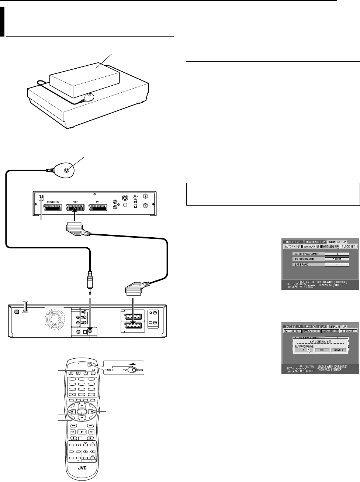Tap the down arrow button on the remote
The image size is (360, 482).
point(82,418)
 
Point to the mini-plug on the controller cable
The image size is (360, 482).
point(90,280)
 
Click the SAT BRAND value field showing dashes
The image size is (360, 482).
point(337,265)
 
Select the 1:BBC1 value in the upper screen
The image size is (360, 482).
point(337,259)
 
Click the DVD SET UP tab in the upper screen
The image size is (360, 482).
point(293,242)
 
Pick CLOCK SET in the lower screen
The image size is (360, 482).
point(349,331)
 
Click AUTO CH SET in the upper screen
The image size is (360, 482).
point(292,247)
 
